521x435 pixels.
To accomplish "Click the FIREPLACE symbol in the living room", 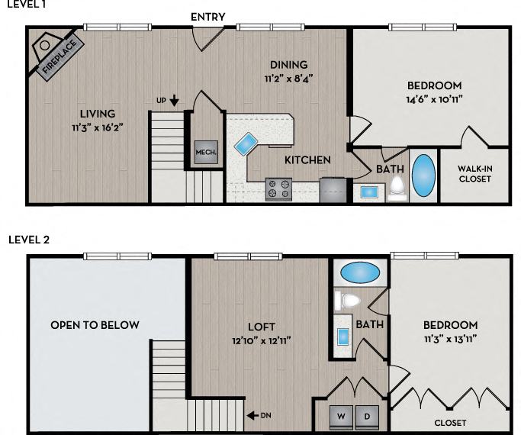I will pos(53,53).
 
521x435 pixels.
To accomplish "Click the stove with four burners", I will pos(278,188).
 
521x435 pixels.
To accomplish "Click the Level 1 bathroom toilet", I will pos(397,187).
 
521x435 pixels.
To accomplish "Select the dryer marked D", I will pos(367,417).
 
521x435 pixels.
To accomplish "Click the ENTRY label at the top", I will pos(207,17).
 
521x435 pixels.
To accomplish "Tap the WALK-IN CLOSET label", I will pos(474,174).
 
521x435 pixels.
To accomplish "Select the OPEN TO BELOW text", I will pos(95,325).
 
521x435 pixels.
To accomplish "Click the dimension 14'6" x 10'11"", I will pos(434,98).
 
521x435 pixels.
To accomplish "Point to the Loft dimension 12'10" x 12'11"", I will pos(261,340).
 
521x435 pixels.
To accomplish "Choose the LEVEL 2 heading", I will pos(29,240).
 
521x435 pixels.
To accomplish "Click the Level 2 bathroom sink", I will pos(344,336).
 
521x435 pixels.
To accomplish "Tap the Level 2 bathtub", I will pos(359,272).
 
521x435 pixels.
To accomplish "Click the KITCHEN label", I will pos(307,160).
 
